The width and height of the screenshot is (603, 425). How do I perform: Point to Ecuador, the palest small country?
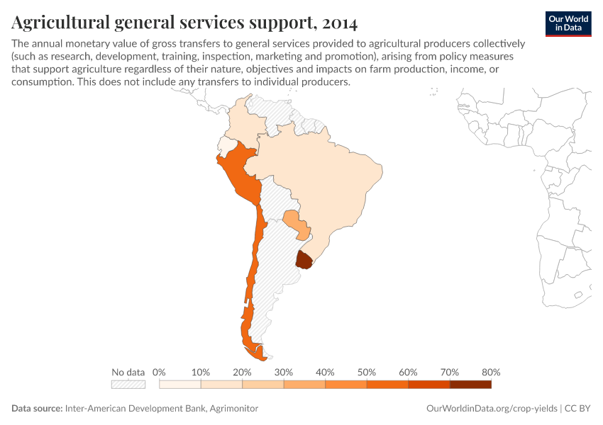point(226,145)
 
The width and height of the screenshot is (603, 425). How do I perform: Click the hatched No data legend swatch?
point(128,385)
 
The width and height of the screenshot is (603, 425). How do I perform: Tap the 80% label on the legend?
point(490,372)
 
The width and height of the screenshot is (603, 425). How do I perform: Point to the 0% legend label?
point(160,372)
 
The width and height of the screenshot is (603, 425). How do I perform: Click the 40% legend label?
point(325,372)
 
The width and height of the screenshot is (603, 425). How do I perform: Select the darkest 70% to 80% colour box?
point(470,385)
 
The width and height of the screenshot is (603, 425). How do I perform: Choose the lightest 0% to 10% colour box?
point(180,385)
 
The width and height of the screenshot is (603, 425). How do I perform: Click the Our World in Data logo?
point(568,23)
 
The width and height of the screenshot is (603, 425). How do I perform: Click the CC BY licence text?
point(578,409)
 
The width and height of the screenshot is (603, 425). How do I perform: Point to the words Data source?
point(36,409)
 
